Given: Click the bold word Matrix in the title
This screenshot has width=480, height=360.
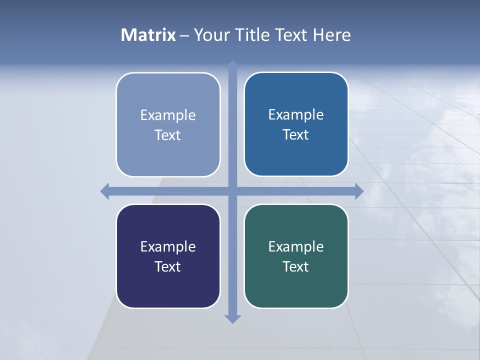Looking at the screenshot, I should tap(148, 35).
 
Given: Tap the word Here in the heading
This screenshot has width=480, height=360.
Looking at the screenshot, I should tap(331, 35).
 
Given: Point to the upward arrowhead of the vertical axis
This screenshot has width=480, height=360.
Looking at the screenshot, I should tap(232, 65).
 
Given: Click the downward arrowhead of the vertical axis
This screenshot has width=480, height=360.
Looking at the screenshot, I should tap(232, 318).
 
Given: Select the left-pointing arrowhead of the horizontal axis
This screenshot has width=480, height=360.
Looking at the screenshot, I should tap(105, 191).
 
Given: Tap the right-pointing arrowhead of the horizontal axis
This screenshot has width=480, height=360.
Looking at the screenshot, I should tap(359, 191).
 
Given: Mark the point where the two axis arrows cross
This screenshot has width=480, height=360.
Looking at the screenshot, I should tap(232, 191).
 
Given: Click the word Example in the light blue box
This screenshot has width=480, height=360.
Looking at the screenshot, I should tap(168, 115).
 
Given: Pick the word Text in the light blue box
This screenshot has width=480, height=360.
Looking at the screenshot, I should tap(168, 135).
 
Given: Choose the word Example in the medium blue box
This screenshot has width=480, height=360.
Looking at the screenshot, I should tap(296, 114).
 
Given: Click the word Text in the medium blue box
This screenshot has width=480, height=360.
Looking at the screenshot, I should tap(296, 134).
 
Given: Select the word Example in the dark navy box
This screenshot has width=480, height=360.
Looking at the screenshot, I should tap(168, 246).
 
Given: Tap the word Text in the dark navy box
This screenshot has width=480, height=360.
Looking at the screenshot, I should tap(168, 266).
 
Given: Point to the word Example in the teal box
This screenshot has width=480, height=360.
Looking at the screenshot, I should tap(296, 246).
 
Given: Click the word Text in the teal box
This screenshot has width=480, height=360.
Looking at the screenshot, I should tap(296, 266).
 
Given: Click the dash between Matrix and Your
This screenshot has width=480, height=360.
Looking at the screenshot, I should tap(184, 35).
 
